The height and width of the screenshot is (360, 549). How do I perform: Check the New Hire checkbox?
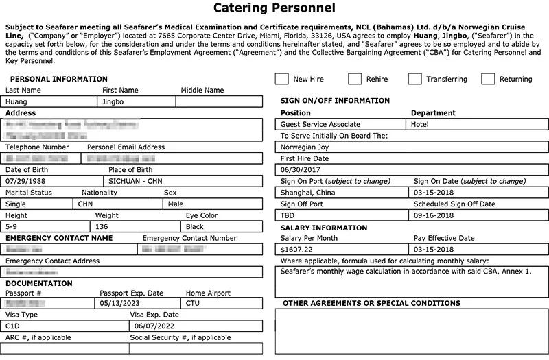point(281,79)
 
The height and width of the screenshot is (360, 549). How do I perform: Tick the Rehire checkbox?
point(355,79)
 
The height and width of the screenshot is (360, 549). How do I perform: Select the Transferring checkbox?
point(414,79)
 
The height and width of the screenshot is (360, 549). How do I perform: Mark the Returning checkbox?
point(488,79)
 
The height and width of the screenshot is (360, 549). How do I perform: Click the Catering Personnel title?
point(274,9)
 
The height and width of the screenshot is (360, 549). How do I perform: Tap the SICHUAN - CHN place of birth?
point(136,182)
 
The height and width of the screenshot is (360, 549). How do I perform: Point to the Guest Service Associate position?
point(320,125)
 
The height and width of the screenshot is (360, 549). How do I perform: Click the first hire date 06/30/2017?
point(301,169)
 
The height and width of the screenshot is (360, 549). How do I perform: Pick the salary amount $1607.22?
point(297,248)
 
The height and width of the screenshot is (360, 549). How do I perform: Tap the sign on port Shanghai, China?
point(308,193)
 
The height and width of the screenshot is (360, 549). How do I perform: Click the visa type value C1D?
point(14,326)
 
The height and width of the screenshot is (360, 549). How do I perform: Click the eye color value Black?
point(195,226)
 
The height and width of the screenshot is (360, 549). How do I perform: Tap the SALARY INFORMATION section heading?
point(324,228)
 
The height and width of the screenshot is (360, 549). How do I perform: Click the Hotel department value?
point(419,125)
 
